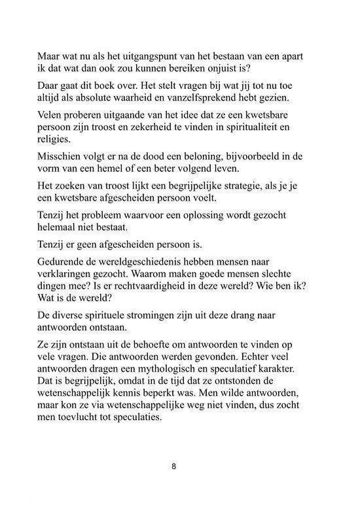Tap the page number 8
pos(173,467)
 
